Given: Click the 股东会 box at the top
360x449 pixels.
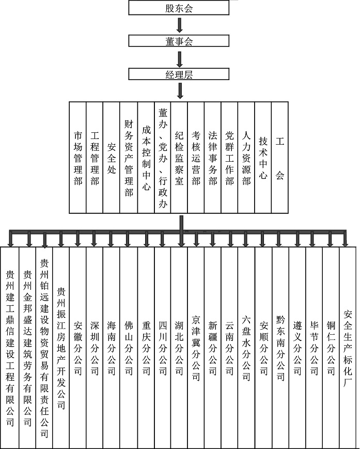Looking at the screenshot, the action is coord(179,8).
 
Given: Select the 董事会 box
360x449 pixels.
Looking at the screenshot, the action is coord(179,41).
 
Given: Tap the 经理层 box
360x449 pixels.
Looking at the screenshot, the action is coord(179,74).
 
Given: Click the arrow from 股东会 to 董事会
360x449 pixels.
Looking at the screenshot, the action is coord(180,25).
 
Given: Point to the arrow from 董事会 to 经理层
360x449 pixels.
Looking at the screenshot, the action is coord(180,59).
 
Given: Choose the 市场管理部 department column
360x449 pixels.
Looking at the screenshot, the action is coord(78,158).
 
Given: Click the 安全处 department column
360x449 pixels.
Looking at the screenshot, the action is coord(112,158).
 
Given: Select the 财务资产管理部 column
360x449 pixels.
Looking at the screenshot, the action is coord(129,158).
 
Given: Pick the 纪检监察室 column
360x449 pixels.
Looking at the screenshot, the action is coord(179,158).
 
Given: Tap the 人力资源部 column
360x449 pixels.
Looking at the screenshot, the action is coord(246,158).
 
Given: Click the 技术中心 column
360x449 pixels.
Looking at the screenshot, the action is coord(263,158).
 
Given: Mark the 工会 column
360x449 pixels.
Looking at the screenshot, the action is coord(280,158).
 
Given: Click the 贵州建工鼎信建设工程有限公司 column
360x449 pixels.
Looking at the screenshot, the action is coord(10,347).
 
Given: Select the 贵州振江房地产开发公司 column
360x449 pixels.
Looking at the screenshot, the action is coord(61,347).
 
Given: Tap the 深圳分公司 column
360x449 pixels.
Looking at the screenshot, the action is coord(95,347).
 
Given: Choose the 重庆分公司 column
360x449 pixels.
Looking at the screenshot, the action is coord(146,347).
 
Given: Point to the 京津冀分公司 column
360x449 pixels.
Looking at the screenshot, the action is coord(196,347).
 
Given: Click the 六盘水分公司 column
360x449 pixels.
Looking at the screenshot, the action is coord(246,347).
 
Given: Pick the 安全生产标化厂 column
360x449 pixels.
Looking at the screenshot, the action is coord(348,347).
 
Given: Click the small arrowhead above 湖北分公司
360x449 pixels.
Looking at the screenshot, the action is coord(181,244).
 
